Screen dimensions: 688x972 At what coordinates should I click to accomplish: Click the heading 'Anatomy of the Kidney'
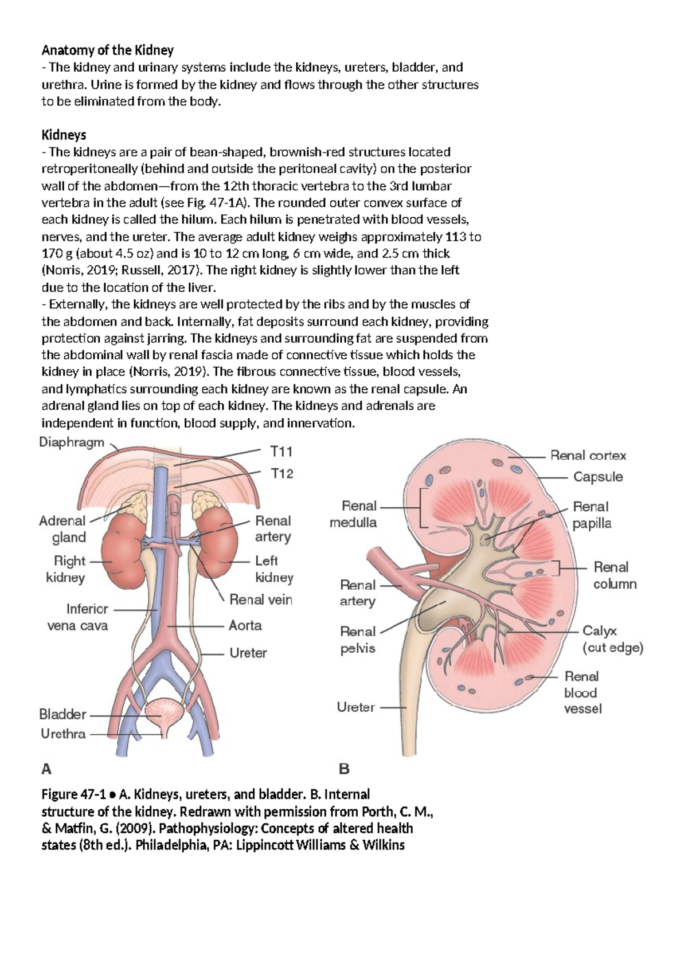coord(107,50)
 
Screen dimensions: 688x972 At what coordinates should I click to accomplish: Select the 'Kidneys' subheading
coord(64,135)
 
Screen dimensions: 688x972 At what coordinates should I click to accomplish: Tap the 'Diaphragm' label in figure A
coord(72,442)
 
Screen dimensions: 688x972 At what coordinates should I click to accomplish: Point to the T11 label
coord(282,452)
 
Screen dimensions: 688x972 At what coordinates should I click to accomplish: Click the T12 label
coord(282,473)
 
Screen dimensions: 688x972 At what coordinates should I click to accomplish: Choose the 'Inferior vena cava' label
coord(78,617)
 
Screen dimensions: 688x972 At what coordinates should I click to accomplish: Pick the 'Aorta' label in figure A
coord(245,625)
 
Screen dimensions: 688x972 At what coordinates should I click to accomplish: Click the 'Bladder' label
coord(62,714)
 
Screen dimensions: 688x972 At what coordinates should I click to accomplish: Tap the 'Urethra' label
coord(63,734)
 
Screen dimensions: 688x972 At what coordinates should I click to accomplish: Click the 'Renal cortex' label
coord(588,456)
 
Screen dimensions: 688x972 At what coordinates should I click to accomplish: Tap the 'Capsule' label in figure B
coord(598,477)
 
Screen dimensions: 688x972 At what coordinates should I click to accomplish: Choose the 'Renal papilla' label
coord(591,515)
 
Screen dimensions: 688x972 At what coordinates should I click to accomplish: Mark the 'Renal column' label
coord(614,575)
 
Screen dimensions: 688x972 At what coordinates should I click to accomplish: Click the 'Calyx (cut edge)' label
coord(612,639)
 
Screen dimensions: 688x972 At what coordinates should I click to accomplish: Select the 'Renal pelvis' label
coord(358,640)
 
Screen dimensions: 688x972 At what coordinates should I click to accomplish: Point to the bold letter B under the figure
coord(344,769)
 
